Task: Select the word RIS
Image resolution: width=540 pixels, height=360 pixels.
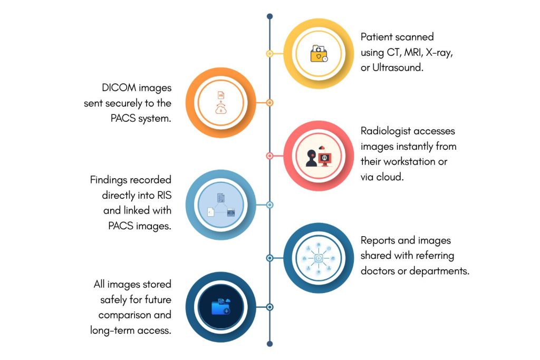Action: (163, 196)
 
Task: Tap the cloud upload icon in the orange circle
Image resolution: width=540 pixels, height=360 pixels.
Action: (220, 109)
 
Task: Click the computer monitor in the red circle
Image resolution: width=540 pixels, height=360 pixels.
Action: (326, 158)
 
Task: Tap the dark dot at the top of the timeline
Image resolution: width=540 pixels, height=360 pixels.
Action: (269, 16)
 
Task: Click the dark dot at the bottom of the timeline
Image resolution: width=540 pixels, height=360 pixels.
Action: (269, 344)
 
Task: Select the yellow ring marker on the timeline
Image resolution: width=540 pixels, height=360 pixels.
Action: (269, 53)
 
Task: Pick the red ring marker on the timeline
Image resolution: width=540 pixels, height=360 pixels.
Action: (269, 156)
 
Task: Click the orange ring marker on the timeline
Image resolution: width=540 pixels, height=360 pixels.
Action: (269, 103)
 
